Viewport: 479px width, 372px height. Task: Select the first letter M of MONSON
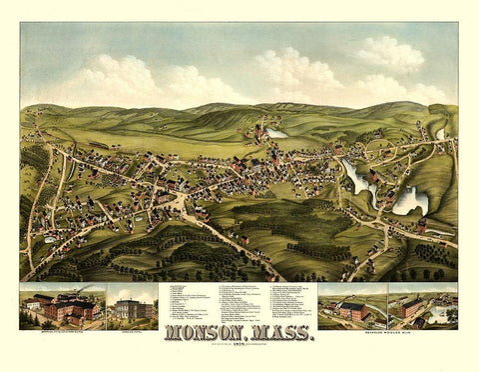(x=170, y=336)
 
